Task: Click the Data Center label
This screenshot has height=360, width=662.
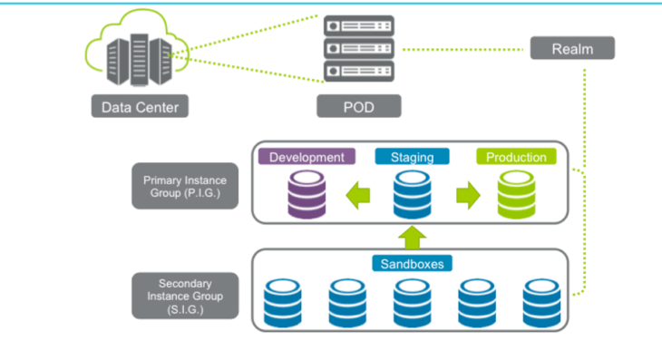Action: pos(140,107)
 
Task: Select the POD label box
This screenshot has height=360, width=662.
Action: pos(358,107)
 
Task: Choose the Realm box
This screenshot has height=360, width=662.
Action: pos(572,48)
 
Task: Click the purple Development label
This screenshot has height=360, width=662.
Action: pos(307,157)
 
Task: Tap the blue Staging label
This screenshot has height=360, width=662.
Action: pos(412,157)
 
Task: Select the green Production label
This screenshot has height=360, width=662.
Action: pos(516,157)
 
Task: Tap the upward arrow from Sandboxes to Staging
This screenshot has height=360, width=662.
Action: pos(413,238)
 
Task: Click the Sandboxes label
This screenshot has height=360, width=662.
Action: pos(413,264)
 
